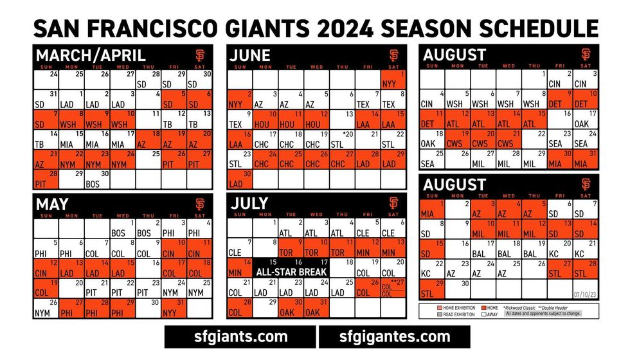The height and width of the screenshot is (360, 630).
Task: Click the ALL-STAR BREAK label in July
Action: click(291, 272)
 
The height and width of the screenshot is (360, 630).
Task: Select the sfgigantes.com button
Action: click(394, 336)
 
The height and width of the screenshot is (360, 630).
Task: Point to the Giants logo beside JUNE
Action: click(393, 55)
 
